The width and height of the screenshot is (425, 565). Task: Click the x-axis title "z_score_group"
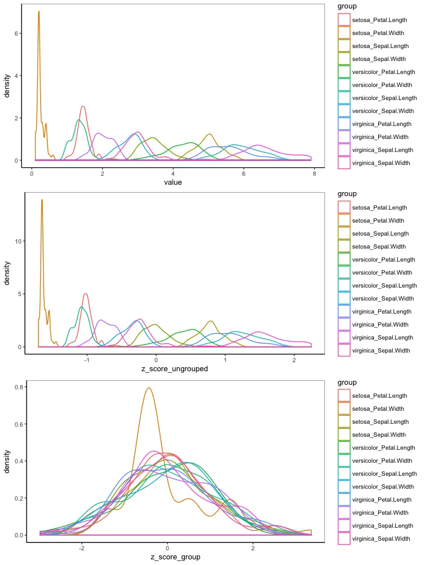(176, 557)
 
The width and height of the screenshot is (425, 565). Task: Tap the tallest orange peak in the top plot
(38, 12)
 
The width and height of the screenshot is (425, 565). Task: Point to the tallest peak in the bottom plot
(149, 388)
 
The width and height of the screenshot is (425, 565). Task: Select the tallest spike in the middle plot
(42, 199)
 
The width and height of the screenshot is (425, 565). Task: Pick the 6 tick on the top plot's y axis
(19, 33)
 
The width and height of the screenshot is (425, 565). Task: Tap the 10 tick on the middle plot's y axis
(18, 241)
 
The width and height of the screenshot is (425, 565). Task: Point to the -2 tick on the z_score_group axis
(82, 547)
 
